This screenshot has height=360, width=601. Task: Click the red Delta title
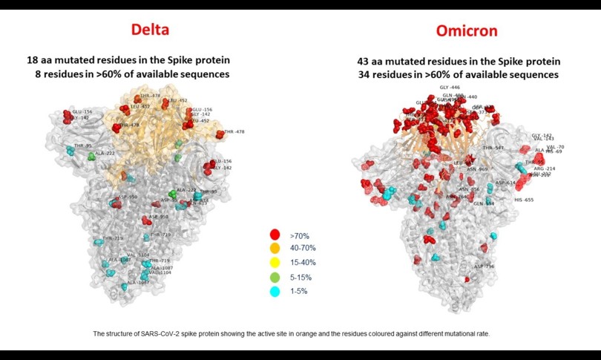pos(151,30)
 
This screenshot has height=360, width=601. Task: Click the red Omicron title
pos(457,30)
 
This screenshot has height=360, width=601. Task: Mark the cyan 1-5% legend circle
pos(274,291)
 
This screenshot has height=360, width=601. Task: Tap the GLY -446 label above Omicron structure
pos(450,88)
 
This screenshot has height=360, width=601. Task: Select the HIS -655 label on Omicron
pos(524,200)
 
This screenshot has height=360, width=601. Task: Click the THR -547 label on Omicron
pos(493,148)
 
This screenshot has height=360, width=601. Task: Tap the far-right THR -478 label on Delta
pos(234,131)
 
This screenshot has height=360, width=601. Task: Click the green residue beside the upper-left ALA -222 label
pos(92,157)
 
